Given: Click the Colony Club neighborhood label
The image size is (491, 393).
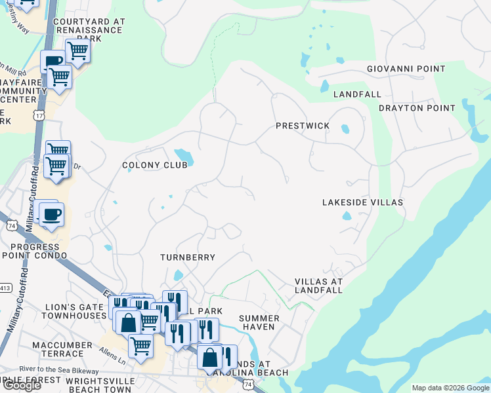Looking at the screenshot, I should pyautogui.click(x=155, y=165).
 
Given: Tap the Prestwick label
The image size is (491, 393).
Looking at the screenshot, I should pyautogui.click(x=302, y=126).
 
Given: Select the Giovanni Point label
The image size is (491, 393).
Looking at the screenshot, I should pyautogui.click(x=406, y=69).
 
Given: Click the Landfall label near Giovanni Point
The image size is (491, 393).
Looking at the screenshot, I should pyautogui.click(x=357, y=94).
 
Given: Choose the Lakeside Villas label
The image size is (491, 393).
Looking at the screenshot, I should pyautogui.click(x=362, y=203).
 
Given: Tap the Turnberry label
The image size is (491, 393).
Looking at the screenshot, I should pyautogui.click(x=188, y=257).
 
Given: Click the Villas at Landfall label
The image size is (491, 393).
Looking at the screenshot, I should pyautogui.click(x=318, y=286).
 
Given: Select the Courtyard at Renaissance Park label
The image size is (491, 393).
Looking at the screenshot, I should pyautogui.click(x=89, y=30).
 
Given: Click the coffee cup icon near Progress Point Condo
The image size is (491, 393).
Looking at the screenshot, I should pyautogui.click(x=51, y=214).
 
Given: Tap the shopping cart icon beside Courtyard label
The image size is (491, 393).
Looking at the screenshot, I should pyautogui.click(x=77, y=50).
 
